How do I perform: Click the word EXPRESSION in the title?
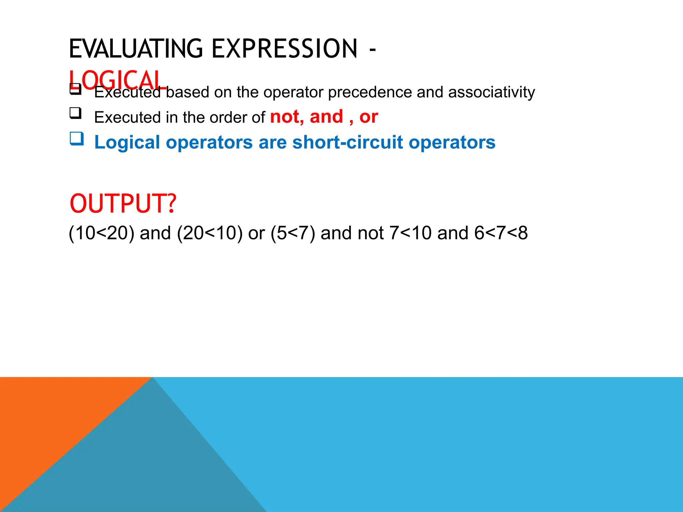[284, 49]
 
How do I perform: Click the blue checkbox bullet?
[76, 138]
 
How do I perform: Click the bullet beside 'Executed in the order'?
[75, 113]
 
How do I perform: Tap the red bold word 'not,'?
[287, 117]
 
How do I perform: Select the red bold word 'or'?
[369, 117]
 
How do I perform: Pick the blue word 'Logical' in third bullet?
[127, 142]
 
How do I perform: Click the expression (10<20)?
[101, 233]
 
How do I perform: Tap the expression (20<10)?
[210, 233]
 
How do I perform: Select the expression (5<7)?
[293, 233]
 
